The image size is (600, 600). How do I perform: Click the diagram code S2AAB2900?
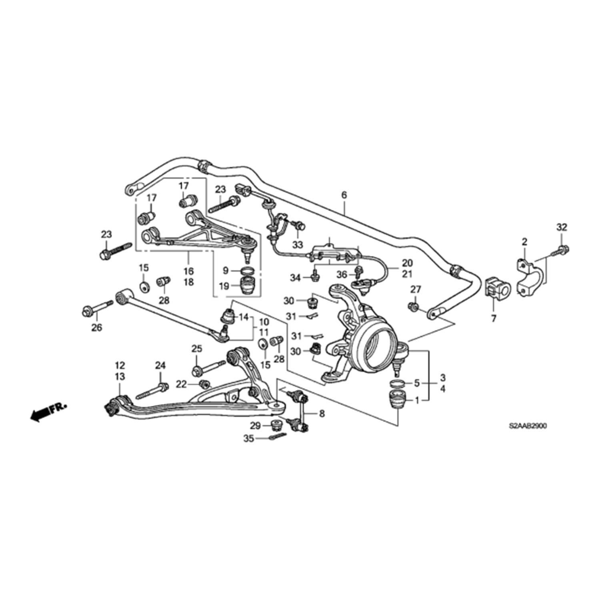click(x=528, y=426)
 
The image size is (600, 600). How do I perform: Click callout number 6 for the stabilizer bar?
click(x=344, y=196)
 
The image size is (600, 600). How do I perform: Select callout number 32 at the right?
click(x=562, y=228)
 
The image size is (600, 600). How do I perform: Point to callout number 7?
click(x=494, y=319)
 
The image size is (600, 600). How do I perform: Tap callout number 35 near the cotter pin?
click(x=249, y=439)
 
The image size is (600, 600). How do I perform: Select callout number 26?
click(x=97, y=328)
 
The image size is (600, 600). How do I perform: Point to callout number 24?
click(x=160, y=365)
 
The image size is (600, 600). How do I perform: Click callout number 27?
click(x=416, y=289)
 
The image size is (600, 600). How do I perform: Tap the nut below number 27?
click(x=414, y=307)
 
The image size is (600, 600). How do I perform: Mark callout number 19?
click(x=224, y=286)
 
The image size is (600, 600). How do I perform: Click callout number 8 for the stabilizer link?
click(x=322, y=414)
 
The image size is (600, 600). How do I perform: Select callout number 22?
click(x=182, y=384)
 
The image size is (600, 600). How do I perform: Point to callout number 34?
click(x=295, y=277)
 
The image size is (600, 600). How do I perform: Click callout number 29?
click(x=255, y=426)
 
